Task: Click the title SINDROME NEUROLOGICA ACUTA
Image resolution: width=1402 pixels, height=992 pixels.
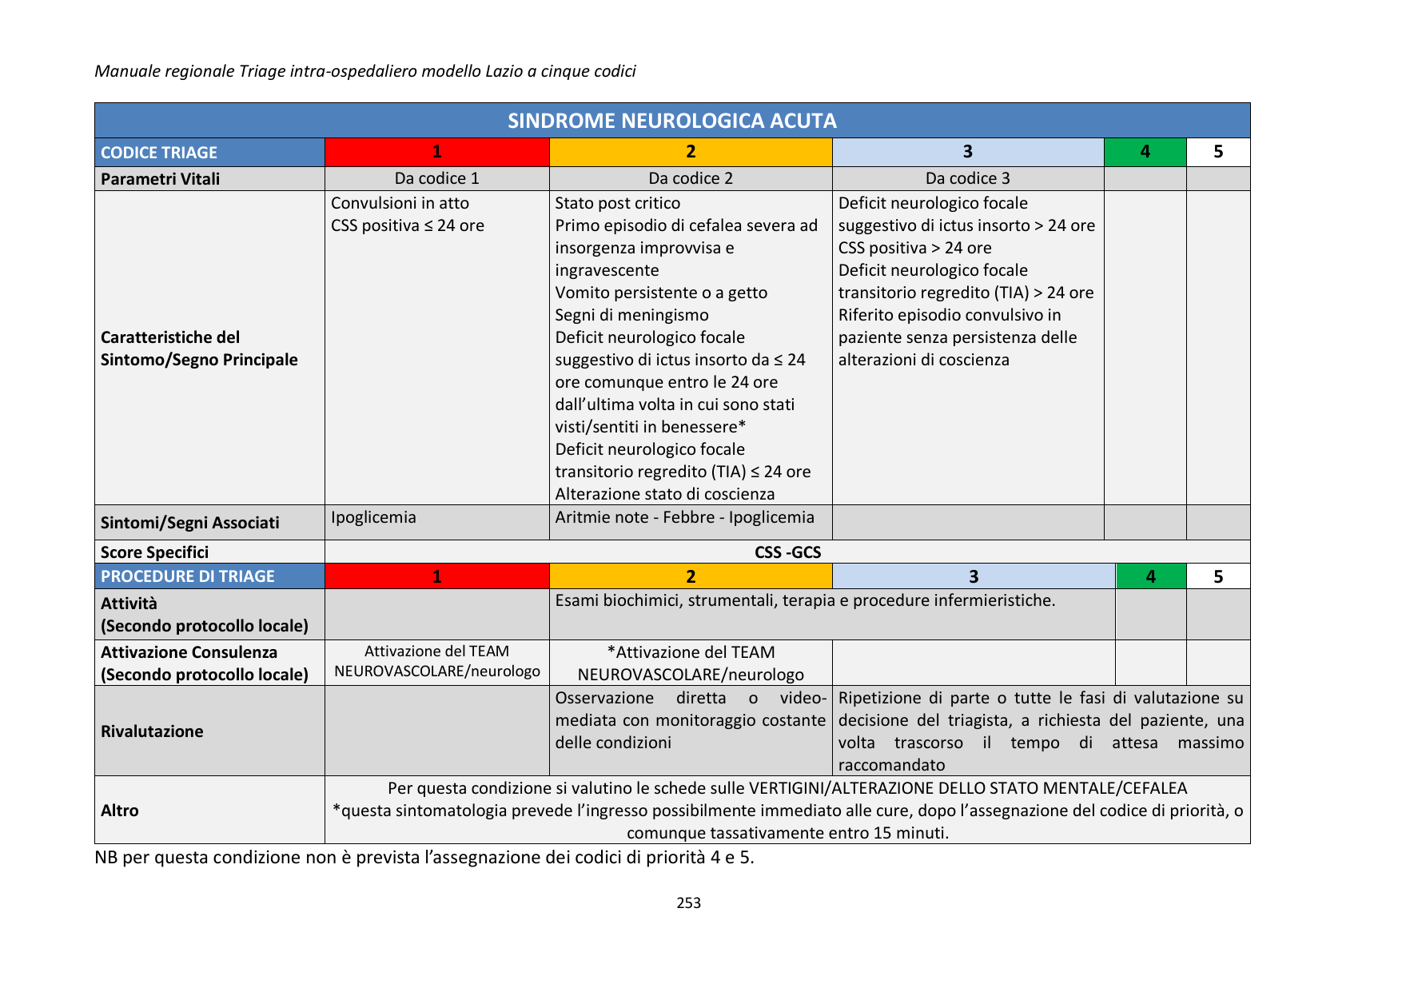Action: click(672, 121)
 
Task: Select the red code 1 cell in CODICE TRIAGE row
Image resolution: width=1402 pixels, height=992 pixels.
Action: click(436, 152)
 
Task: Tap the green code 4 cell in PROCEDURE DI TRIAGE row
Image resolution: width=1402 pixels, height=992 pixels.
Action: click(1150, 576)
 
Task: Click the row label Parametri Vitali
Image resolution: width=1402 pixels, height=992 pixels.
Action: click(160, 179)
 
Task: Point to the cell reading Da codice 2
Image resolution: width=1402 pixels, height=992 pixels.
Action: click(690, 178)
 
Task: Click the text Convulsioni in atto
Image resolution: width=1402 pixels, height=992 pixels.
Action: click(400, 203)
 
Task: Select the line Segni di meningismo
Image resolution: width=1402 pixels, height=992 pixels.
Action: click(631, 315)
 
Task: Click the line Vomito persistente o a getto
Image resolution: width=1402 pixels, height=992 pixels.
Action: click(661, 293)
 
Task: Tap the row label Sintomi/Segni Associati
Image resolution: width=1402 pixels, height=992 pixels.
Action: click(189, 523)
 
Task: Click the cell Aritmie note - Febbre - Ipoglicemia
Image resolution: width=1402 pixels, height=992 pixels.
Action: click(684, 517)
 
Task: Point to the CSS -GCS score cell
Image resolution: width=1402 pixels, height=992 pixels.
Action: click(787, 552)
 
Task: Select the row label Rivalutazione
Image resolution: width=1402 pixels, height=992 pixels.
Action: click(152, 731)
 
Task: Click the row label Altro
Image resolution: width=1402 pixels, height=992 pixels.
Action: click(120, 811)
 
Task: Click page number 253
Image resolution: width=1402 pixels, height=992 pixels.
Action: click(688, 903)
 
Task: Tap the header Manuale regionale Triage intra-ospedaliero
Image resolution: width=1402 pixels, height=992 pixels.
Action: click(364, 71)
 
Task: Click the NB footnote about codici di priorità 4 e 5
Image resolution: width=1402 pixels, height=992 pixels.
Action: click(424, 858)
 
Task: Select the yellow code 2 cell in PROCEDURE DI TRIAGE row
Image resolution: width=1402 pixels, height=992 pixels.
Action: click(691, 576)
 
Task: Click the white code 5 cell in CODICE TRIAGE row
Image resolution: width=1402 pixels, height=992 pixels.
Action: click(1217, 152)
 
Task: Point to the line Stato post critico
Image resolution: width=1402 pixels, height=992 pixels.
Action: click(617, 203)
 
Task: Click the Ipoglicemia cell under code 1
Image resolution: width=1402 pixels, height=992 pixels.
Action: click(373, 517)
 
